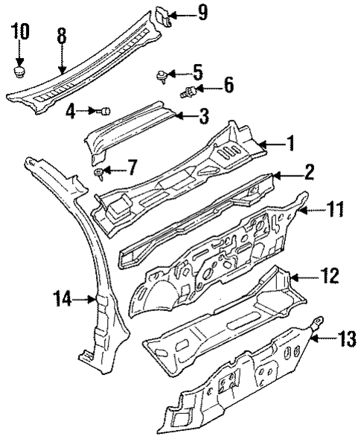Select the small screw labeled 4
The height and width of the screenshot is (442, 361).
[106, 111]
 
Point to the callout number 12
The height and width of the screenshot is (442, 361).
[330, 278]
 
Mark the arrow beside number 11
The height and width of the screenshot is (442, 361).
[312, 211]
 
